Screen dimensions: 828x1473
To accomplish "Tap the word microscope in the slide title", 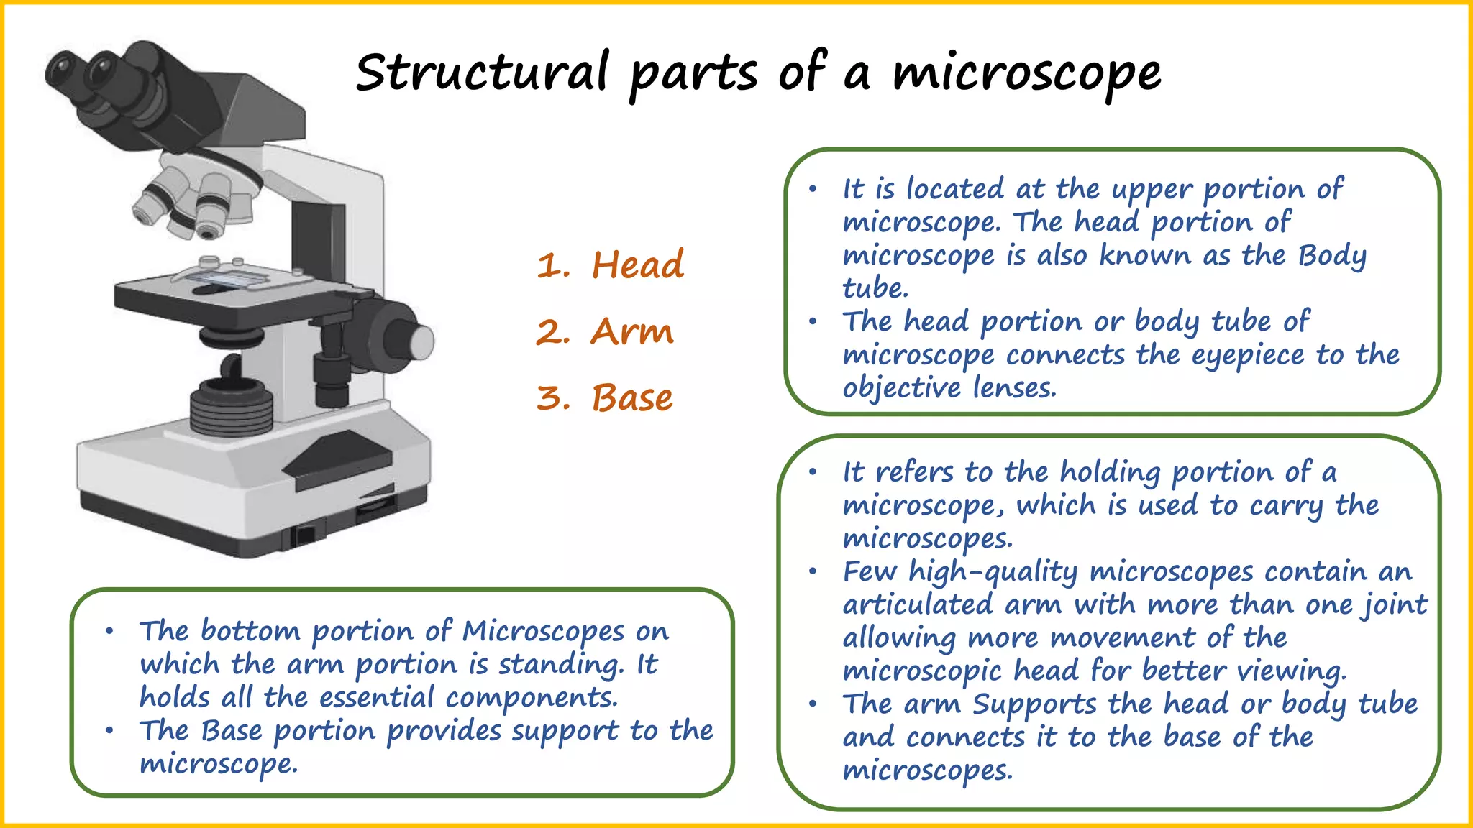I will [x=1026, y=73].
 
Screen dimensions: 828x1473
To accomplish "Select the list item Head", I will [x=637, y=264].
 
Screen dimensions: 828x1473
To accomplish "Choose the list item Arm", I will [x=631, y=331].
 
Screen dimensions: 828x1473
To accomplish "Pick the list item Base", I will [x=631, y=397].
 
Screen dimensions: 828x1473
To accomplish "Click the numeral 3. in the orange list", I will [x=553, y=397].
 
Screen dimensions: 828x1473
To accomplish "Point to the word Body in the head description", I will [x=1332, y=256].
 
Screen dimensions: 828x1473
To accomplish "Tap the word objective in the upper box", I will [x=901, y=388].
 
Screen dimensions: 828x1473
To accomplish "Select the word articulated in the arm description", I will [x=917, y=604].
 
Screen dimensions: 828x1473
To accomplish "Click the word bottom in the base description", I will [x=250, y=631].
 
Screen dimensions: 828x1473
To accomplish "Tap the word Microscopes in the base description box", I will [x=542, y=631].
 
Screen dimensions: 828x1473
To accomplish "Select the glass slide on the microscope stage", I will [x=223, y=277].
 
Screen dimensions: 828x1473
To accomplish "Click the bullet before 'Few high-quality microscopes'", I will [x=813, y=572].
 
